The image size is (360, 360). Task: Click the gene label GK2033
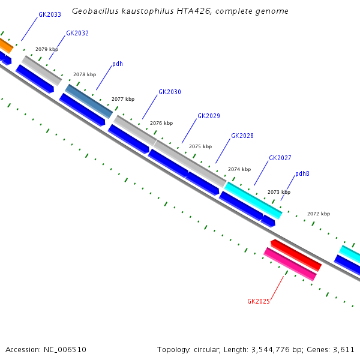49,14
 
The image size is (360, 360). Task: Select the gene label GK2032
77,33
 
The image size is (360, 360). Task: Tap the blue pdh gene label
118,64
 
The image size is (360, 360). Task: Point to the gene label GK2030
170,92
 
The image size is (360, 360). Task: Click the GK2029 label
209,116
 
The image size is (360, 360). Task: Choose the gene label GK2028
242,136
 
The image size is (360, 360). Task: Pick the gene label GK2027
280,158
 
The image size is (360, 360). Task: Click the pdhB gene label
302,174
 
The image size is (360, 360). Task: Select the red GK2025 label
259,301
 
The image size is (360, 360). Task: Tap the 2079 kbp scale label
47,49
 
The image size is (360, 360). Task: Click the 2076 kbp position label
161,123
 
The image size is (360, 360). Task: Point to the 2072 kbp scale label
319,214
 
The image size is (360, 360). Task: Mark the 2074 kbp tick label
239,169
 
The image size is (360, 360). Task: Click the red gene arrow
296,255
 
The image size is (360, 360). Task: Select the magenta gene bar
290,264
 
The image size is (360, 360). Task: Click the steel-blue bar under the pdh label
89,101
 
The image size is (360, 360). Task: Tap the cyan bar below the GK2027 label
253,200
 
